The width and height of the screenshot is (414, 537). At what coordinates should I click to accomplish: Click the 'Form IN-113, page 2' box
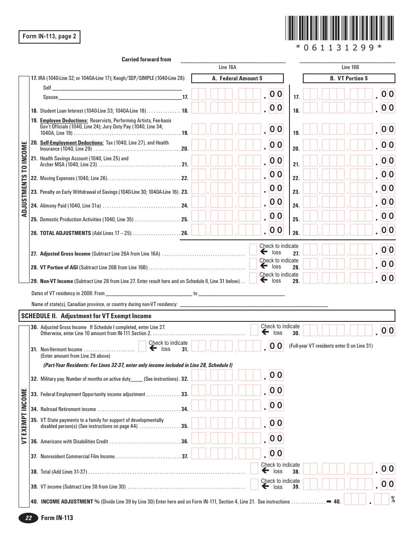click(49, 37)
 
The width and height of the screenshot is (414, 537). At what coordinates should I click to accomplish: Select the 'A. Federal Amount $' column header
click(237, 78)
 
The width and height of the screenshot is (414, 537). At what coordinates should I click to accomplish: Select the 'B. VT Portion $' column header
click(349, 78)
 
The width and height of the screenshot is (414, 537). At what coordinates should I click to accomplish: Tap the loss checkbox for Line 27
click(253, 250)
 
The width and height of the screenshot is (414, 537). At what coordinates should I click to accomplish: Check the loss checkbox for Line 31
click(142, 346)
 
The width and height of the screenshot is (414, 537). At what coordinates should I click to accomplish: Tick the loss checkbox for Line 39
click(254, 484)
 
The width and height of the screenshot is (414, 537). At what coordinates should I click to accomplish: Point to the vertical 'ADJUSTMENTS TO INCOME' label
click(24, 179)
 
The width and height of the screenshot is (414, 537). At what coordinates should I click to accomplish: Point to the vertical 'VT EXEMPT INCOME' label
click(24, 416)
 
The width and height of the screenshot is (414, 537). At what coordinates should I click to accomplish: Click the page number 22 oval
click(28, 518)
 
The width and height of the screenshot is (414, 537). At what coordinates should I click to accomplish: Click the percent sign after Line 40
click(393, 500)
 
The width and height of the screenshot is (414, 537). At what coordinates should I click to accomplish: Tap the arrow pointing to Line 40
click(329, 502)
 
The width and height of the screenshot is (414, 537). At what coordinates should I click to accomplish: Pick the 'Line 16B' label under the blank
click(350, 67)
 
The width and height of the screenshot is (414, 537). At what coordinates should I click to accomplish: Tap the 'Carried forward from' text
click(146, 59)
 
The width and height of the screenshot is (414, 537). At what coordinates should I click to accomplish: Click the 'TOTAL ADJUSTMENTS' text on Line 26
click(65, 233)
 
